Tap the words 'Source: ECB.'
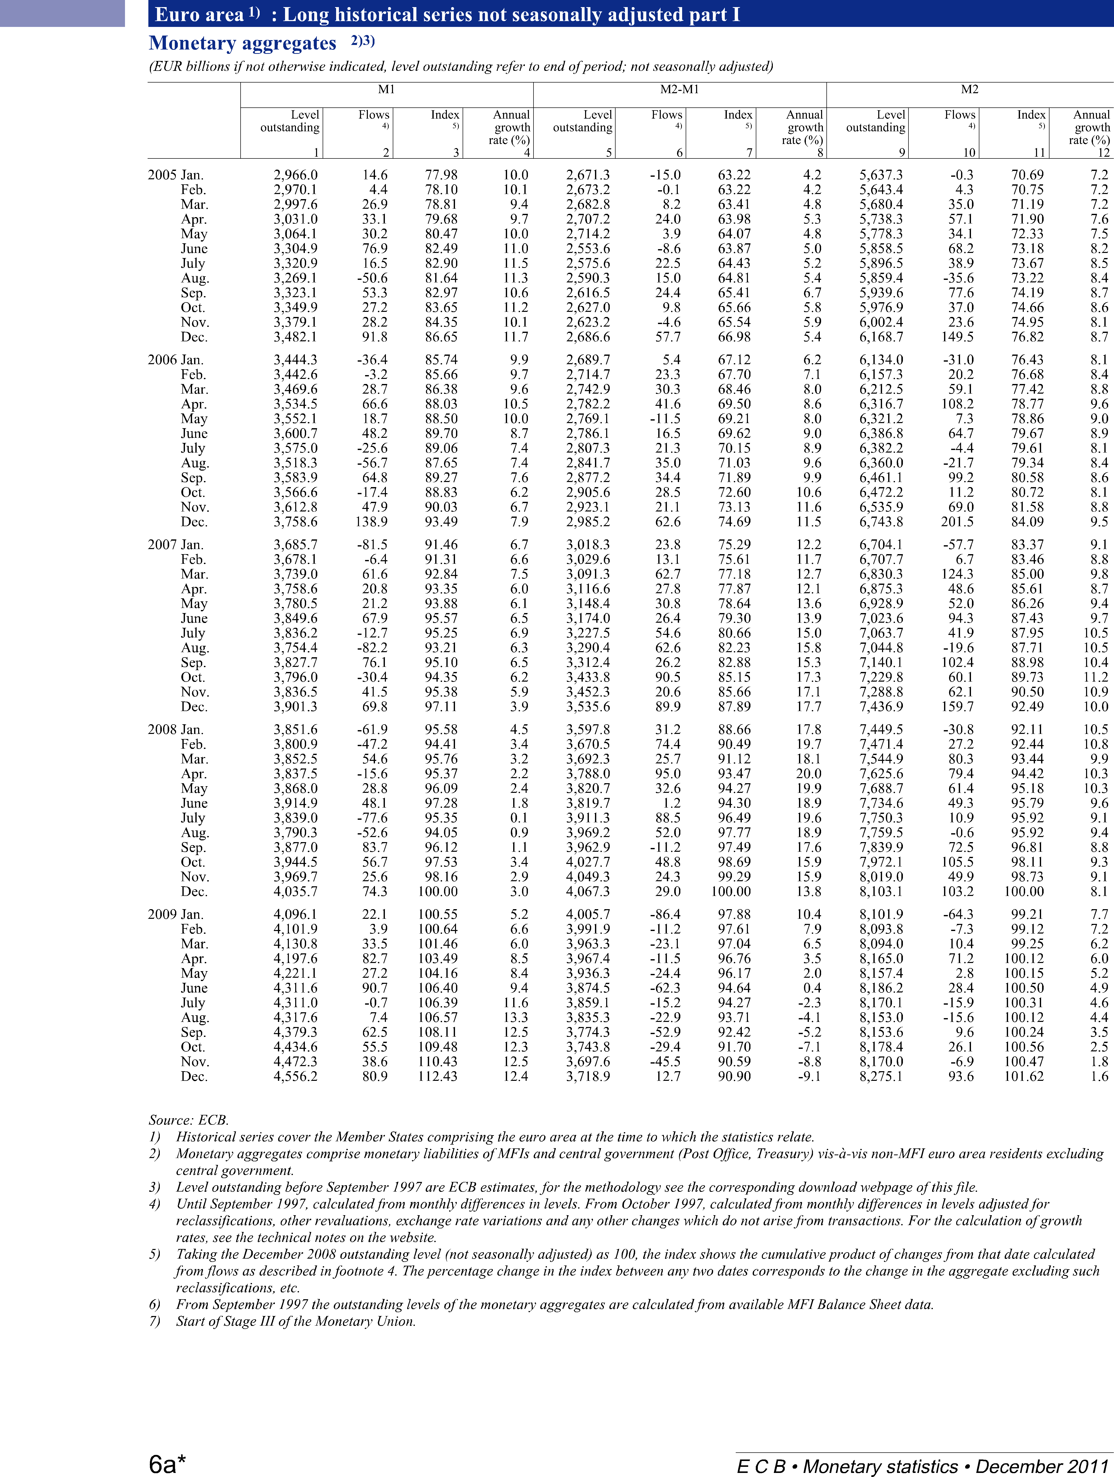(x=188, y=1120)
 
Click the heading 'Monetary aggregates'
(x=242, y=43)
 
